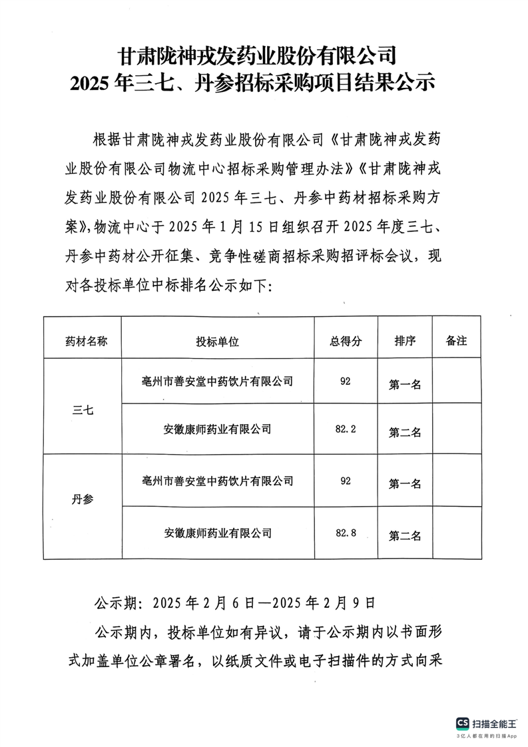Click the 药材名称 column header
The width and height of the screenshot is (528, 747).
click(x=85, y=341)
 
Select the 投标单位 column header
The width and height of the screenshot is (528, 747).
click(x=217, y=341)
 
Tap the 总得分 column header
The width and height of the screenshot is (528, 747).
click(x=345, y=341)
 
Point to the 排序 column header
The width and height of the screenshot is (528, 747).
click(x=405, y=341)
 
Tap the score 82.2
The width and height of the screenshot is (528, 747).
click(x=346, y=429)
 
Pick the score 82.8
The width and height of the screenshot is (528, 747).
click(x=346, y=533)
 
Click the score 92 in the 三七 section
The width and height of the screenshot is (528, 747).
click(x=345, y=381)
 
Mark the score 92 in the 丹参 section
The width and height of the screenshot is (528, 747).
click(x=345, y=481)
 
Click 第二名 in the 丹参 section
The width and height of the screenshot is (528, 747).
click(x=405, y=535)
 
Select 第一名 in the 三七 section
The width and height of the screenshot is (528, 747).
click(x=405, y=384)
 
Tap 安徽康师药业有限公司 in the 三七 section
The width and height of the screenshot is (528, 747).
click(x=217, y=429)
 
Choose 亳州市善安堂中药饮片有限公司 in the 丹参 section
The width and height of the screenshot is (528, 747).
click(x=217, y=481)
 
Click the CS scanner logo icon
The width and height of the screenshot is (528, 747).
click(x=462, y=723)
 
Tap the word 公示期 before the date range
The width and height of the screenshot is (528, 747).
click(x=118, y=603)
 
